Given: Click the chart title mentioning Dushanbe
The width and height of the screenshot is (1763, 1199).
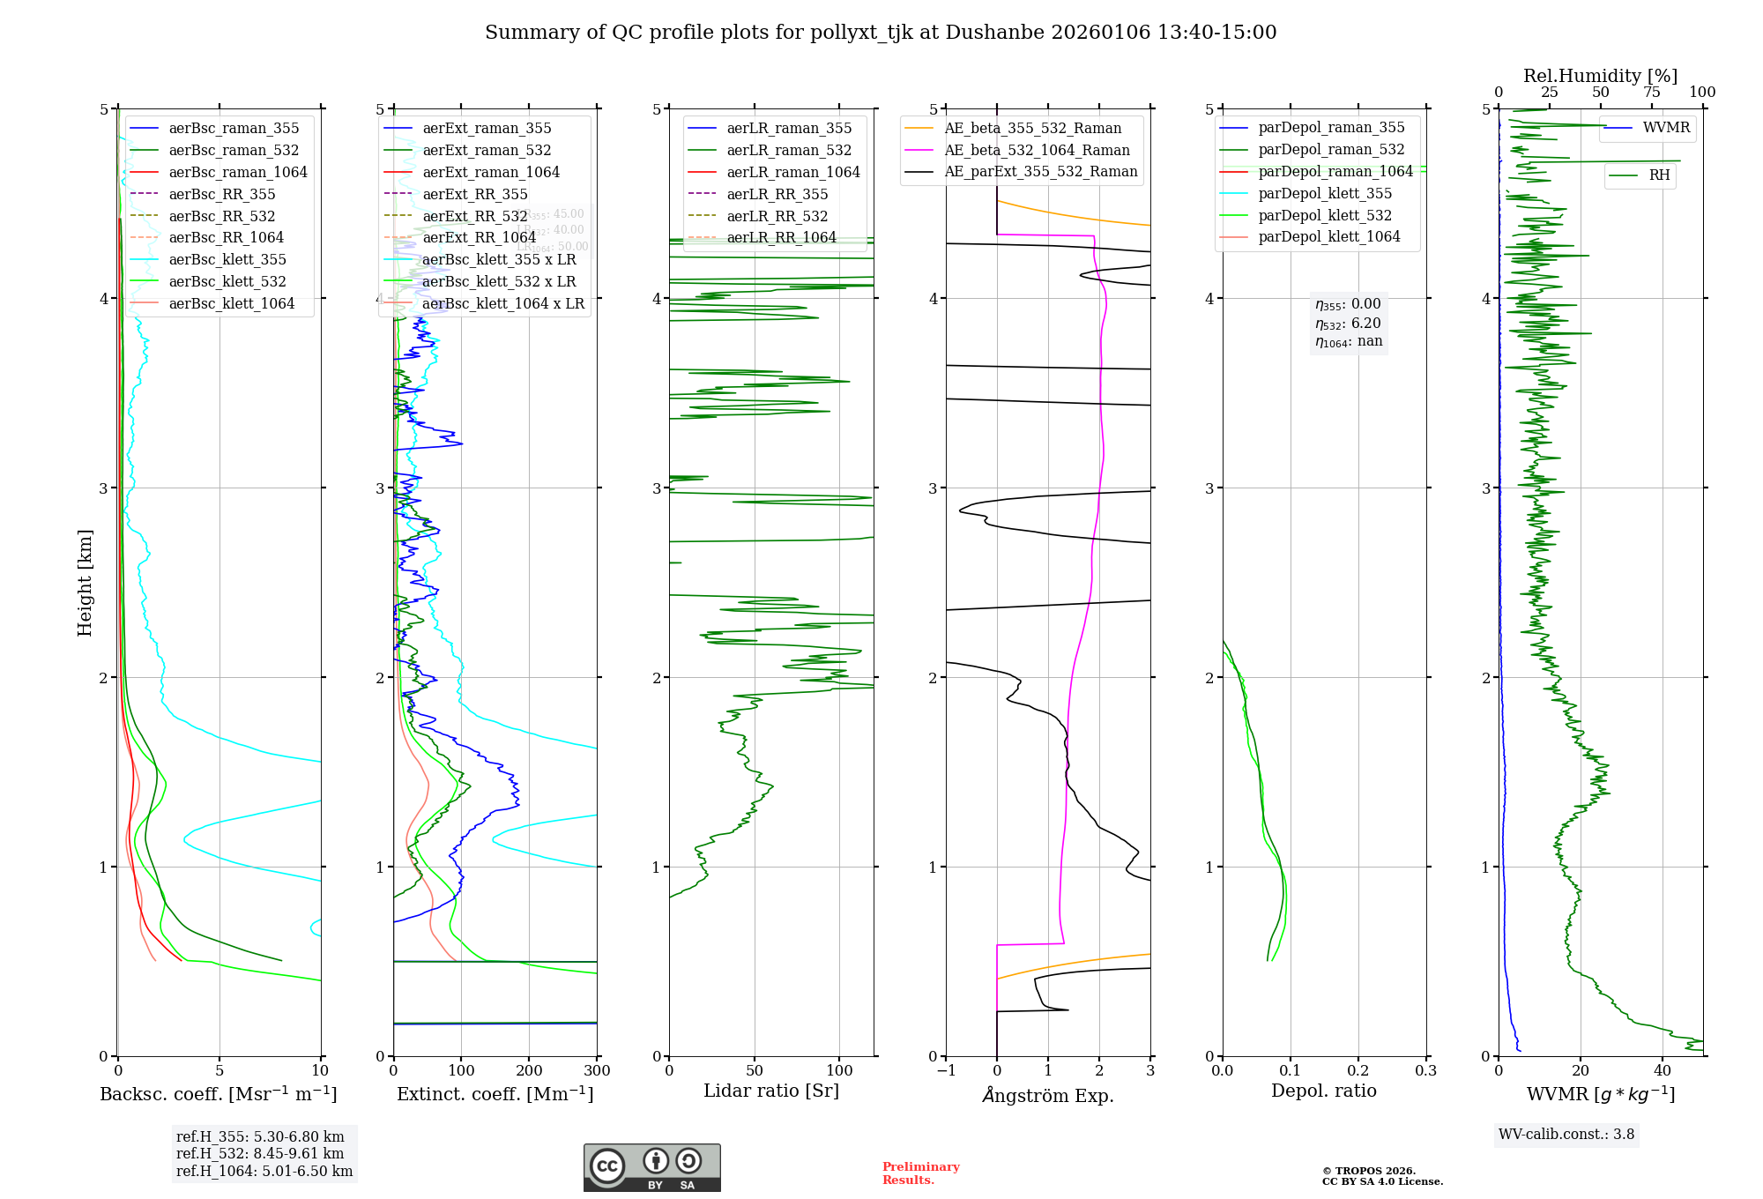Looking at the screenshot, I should pyautogui.click(x=881, y=33).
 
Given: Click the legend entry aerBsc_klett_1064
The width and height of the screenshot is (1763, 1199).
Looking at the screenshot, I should pyautogui.click(x=231, y=303).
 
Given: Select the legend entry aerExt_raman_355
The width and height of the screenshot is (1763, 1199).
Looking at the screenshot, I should pyautogui.click(x=487, y=128).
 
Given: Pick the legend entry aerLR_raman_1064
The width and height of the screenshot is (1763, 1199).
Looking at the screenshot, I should pyautogui.click(x=792, y=172).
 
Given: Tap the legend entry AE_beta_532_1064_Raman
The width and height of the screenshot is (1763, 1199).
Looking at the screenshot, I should pyautogui.click(x=1037, y=150).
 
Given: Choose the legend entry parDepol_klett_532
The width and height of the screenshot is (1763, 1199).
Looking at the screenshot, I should pyautogui.click(x=1324, y=215).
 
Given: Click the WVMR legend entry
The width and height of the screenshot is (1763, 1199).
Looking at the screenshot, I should pyautogui.click(x=1666, y=128).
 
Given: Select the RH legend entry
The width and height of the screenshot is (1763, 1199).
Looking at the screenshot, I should pyautogui.click(x=1659, y=175).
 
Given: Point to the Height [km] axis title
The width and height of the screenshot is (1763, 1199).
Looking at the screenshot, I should pyautogui.click(x=85, y=582).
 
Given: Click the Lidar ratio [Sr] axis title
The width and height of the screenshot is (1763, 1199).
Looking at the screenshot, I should pyautogui.click(x=771, y=1091).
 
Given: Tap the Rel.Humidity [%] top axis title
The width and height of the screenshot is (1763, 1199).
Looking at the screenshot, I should pyautogui.click(x=1600, y=76).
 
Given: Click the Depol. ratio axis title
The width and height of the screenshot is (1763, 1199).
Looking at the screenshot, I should pyautogui.click(x=1323, y=1091).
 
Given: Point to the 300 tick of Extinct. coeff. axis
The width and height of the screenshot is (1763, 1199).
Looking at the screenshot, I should pyautogui.click(x=597, y=1070).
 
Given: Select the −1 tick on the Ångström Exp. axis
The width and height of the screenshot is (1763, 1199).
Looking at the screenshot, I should pyautogui.click(x=946, y=1070).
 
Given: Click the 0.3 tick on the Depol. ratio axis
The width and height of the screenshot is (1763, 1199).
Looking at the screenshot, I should pyautogui.click(x=1425, y=1070).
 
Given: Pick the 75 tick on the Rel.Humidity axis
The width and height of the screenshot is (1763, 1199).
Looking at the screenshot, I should pyautogui.click(x=1651, y=92).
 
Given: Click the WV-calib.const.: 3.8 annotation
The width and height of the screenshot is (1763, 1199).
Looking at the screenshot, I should pyautogui.click(x=1566, y=1135).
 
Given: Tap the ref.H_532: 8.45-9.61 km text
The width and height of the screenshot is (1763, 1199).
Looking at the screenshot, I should pyautogui.click(x=260, y=1153).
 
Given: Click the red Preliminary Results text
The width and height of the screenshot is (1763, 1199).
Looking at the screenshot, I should pyautogui.click(x=920, y=1173).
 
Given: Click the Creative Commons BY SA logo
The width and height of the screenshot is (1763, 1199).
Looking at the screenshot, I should pyautogui.click(x=651, y=1167).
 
